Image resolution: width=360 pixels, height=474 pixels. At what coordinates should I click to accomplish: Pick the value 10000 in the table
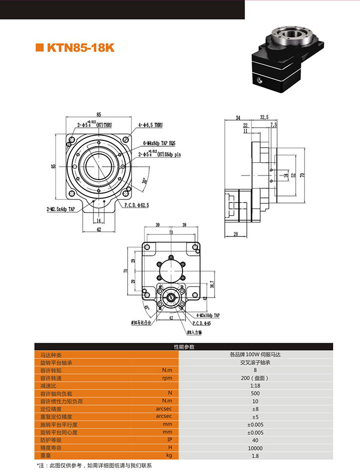point(255,448)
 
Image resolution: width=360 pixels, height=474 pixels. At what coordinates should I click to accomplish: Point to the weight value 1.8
point(255,456)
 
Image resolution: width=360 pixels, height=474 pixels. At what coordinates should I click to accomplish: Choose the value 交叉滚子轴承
point(255,362)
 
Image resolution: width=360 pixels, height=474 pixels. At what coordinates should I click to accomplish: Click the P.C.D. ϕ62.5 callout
point(137,205)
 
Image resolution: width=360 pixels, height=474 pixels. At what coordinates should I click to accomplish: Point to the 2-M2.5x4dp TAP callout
point(61,209)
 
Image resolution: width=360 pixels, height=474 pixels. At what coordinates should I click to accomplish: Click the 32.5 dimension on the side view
point(264,118)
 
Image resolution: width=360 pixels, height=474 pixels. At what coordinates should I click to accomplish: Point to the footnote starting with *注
point(96,465)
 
